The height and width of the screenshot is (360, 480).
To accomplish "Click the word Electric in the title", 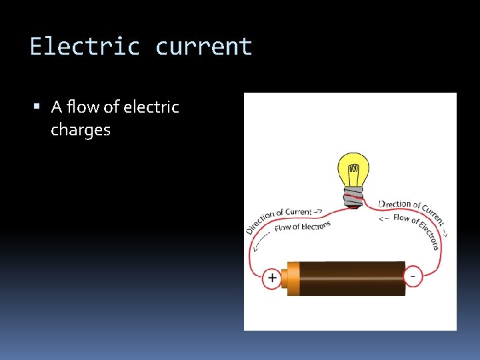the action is (85, 47).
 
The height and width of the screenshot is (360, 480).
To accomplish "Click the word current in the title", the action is (204, 47).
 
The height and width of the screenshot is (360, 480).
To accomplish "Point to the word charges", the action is (81, 129).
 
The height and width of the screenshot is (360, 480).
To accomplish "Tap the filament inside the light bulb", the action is (354, 170).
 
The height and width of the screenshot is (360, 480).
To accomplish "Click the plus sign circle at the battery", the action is (272, 277).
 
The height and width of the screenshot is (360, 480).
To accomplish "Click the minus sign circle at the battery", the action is (413, 275).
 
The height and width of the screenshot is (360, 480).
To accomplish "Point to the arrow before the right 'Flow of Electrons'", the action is (385, 217).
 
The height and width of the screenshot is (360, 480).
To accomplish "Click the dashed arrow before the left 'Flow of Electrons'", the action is (262, 239).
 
